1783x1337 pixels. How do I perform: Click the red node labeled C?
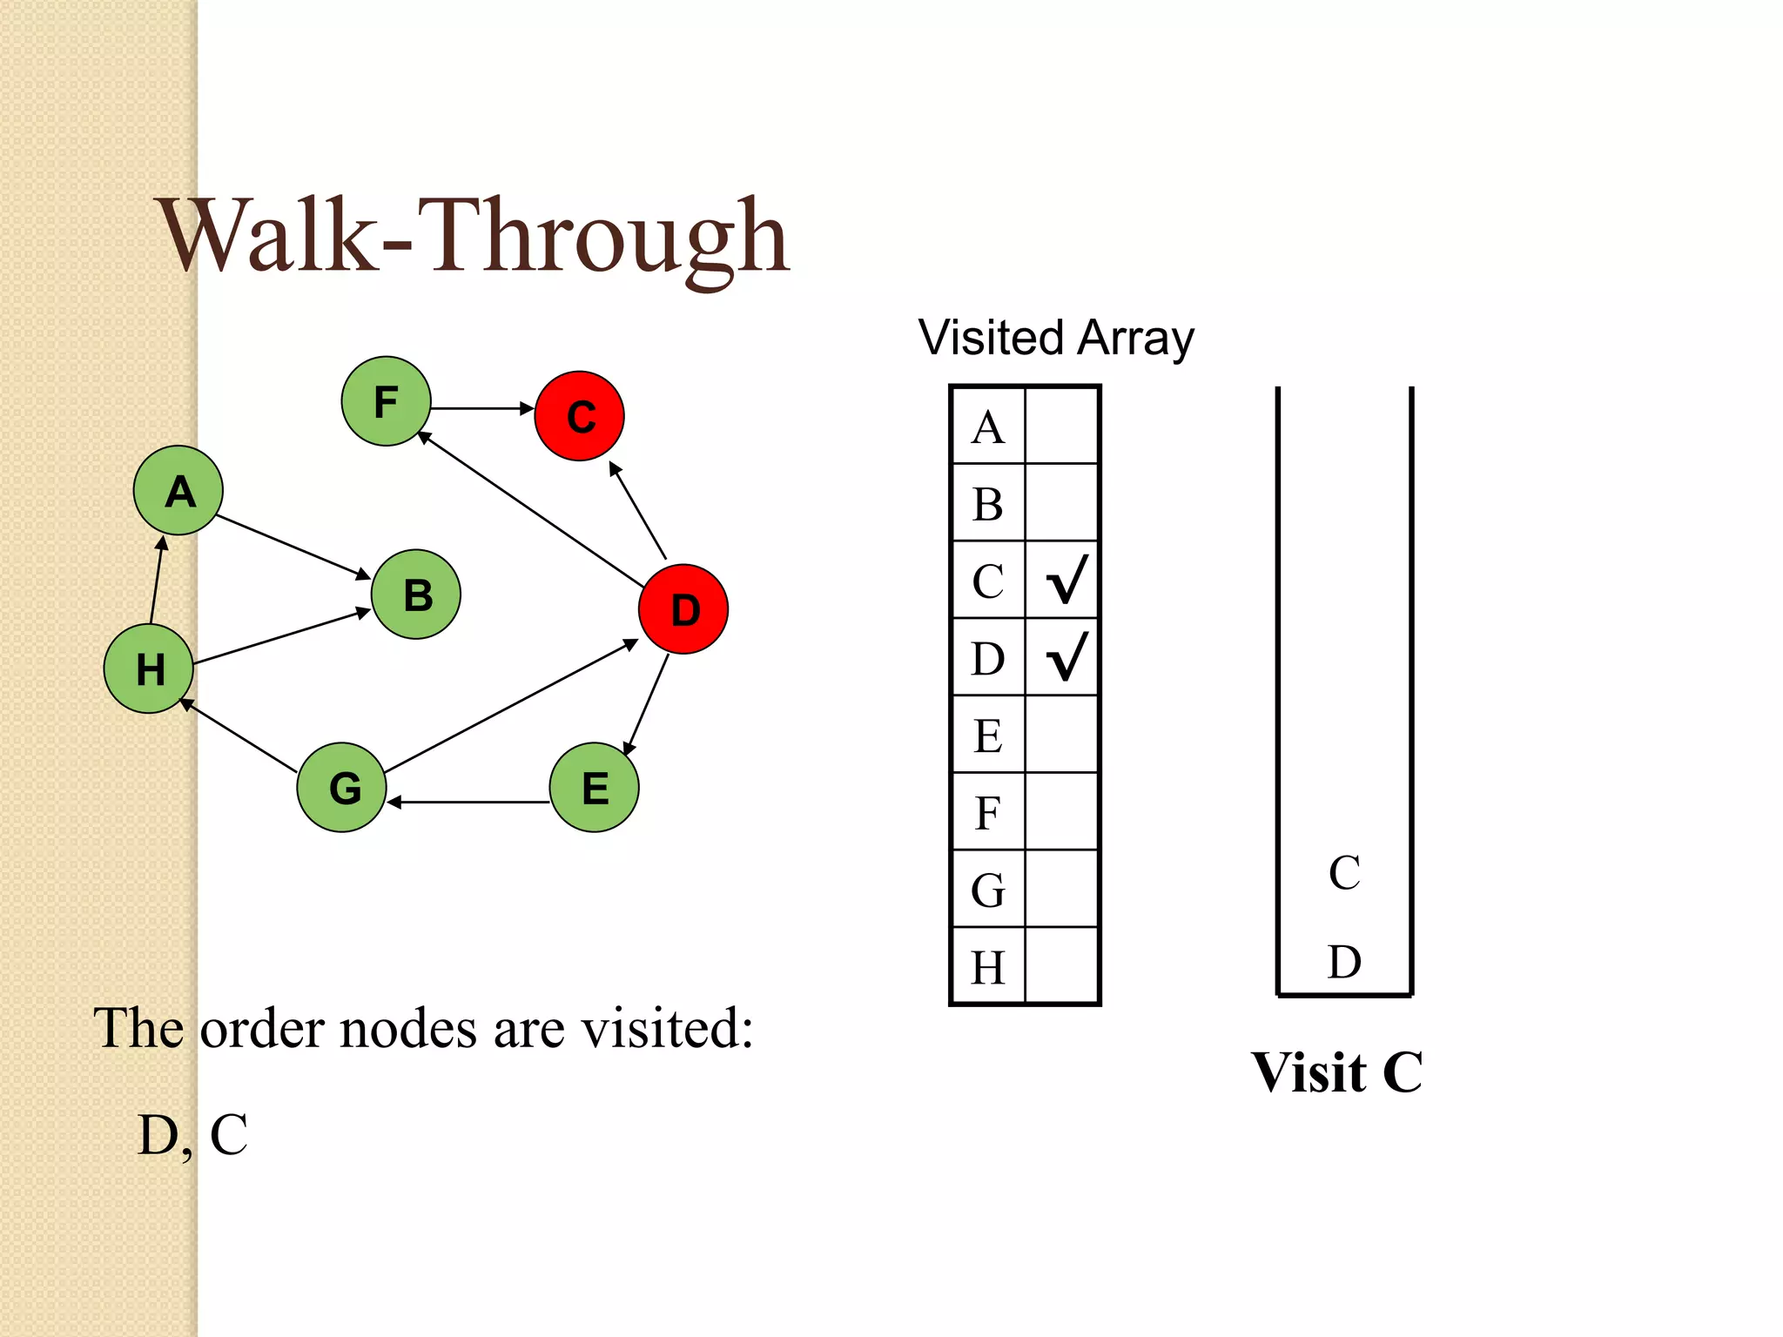(579, 416)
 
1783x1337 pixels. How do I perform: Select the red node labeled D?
(683, 609)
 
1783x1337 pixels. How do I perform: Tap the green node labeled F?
(386, 401)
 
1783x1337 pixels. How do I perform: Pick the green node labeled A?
(178, 491)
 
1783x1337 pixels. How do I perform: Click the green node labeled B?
(416, 595)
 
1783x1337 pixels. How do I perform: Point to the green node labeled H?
(149, 668)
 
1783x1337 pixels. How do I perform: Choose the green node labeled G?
(342, 787)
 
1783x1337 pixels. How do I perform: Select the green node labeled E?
(595, 787)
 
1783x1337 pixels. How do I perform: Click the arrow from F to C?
(481, 407)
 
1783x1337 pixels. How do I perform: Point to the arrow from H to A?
(157, 580)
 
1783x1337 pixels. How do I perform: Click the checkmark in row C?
(1066, 580)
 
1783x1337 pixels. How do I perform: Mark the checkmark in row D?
(1066, 656)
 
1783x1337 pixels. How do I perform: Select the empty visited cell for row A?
(1062, 427)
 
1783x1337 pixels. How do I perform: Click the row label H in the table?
(988, 967)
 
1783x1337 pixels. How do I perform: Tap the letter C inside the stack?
(1344, 873)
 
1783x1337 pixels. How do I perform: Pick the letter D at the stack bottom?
(1344, 962)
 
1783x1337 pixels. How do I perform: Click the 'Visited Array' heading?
(1056, 338)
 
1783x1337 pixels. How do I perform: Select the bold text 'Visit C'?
(1336, 1072)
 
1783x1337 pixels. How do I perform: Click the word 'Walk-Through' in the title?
(474, 237)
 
